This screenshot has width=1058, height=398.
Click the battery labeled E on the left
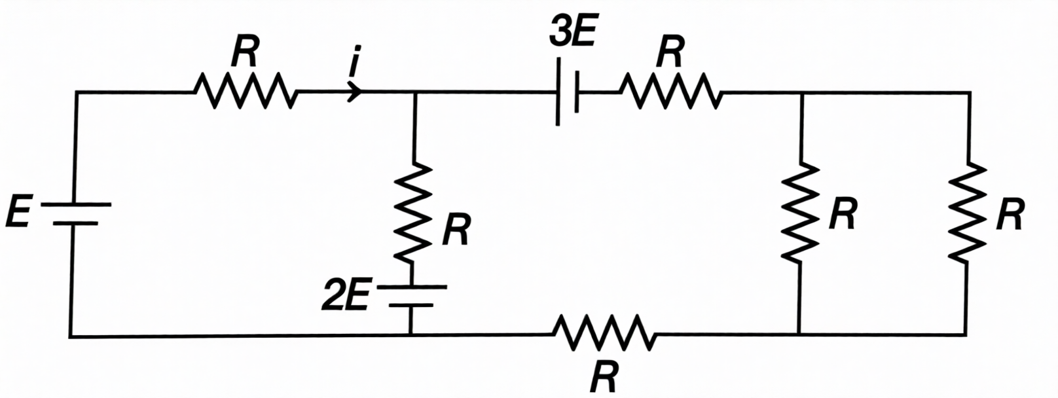(75, 214)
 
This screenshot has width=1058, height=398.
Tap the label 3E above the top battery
(572, 33)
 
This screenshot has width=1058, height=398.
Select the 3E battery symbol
(568, 92)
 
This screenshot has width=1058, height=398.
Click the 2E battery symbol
(412, 296)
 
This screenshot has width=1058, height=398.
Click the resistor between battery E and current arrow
(246, 91)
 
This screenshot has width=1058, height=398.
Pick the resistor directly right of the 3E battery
(670, 92)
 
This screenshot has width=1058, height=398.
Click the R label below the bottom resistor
(604, 377)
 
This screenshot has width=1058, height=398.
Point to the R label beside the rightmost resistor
(1010, 214)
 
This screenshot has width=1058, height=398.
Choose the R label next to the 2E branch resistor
(456, 230)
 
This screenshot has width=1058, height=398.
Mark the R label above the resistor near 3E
(670, 52)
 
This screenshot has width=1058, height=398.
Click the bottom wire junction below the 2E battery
(411, 335)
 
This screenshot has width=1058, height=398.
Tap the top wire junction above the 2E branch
(414, 92)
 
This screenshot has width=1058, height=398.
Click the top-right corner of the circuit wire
(970, 92)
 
